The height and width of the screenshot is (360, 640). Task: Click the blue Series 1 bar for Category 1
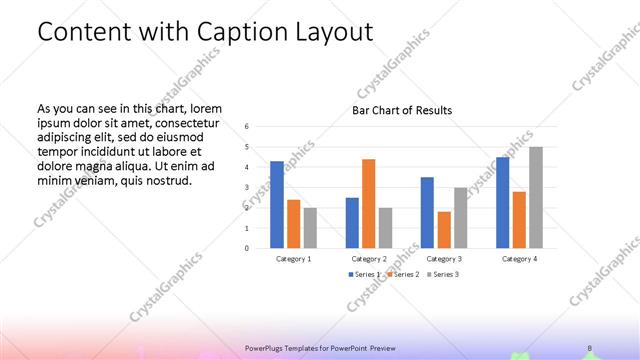[277, 204]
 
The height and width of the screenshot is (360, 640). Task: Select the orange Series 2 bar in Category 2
[369, 203]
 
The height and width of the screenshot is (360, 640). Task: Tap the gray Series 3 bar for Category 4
[536, 197]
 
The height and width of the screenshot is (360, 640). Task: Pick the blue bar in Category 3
[427, 212]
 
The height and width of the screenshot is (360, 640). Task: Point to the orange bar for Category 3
[443, 229]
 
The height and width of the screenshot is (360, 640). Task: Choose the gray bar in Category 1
[310, 227]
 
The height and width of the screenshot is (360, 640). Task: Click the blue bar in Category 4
[503, 202]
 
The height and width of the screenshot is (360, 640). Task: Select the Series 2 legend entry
[402, 274]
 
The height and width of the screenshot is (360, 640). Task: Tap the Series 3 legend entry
[442, 274]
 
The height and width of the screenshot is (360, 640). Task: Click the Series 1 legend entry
[363, 274]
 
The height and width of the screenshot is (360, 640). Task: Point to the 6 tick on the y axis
[247, 127]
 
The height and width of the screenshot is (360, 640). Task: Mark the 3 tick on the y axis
[247, 188]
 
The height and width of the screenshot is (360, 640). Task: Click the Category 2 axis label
[369, 258]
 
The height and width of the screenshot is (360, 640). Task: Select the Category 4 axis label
[519, 258]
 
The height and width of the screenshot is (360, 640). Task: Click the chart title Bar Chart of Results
[402, 110]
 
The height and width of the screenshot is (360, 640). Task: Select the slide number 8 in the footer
[590, 348]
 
